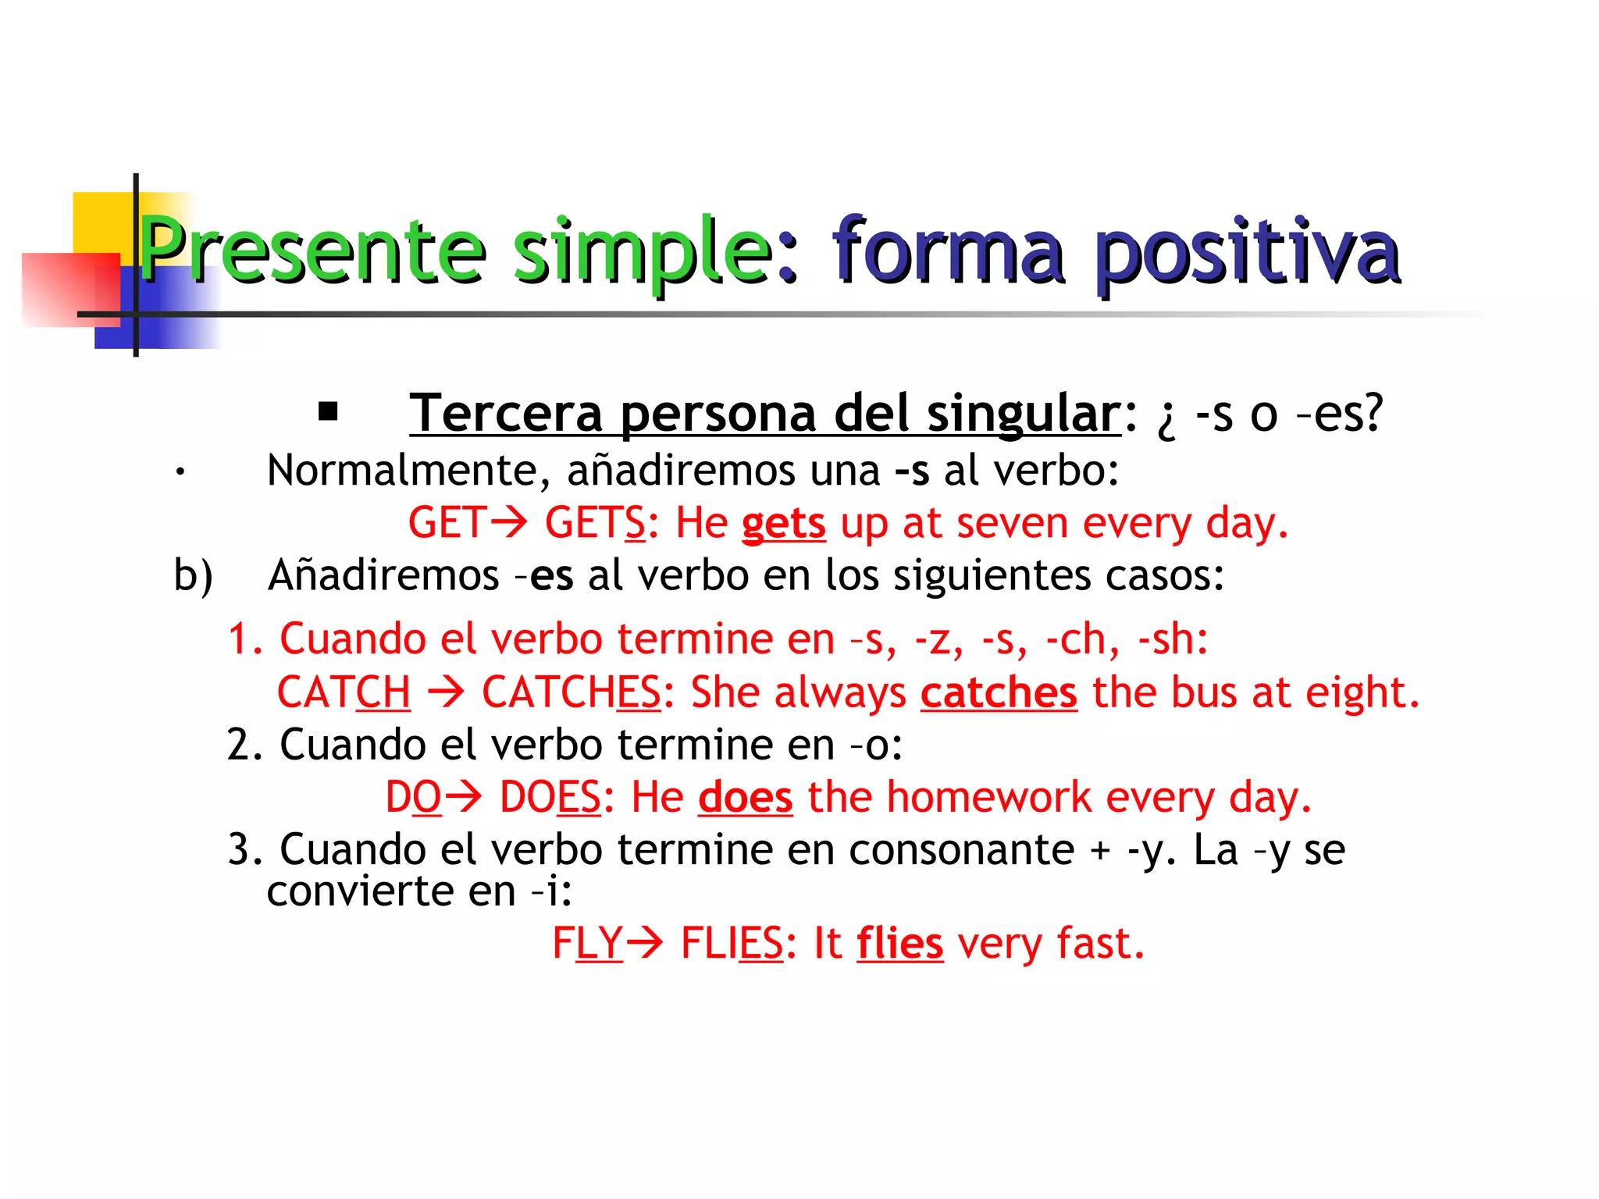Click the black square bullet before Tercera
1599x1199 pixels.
328,411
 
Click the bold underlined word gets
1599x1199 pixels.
783,523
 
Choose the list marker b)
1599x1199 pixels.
193,576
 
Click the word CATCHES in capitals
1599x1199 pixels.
571,692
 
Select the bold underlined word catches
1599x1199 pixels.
999,692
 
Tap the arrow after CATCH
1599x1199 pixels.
446,692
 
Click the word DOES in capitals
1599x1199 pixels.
550,798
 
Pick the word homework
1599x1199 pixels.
988,798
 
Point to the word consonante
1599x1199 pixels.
961,849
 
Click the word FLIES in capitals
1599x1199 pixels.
731,943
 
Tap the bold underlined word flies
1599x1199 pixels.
899,943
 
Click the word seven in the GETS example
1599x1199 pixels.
1012,523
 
